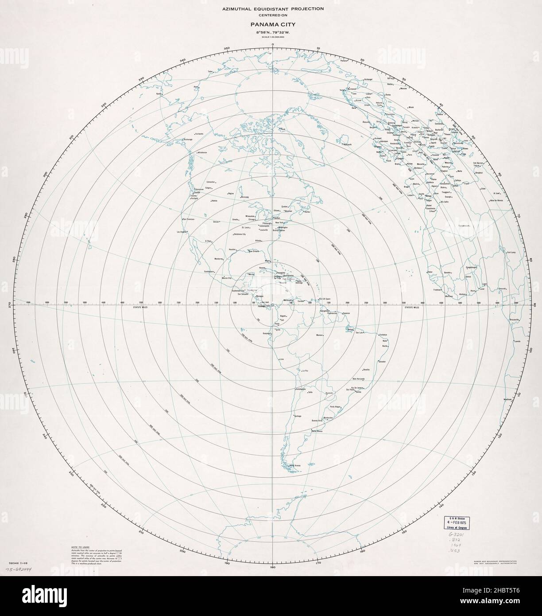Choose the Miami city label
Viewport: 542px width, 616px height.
point(267,261)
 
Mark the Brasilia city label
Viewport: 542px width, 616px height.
point(366,370)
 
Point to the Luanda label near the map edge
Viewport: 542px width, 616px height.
point(516,341)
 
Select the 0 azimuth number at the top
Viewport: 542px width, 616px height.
point(273,44)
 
